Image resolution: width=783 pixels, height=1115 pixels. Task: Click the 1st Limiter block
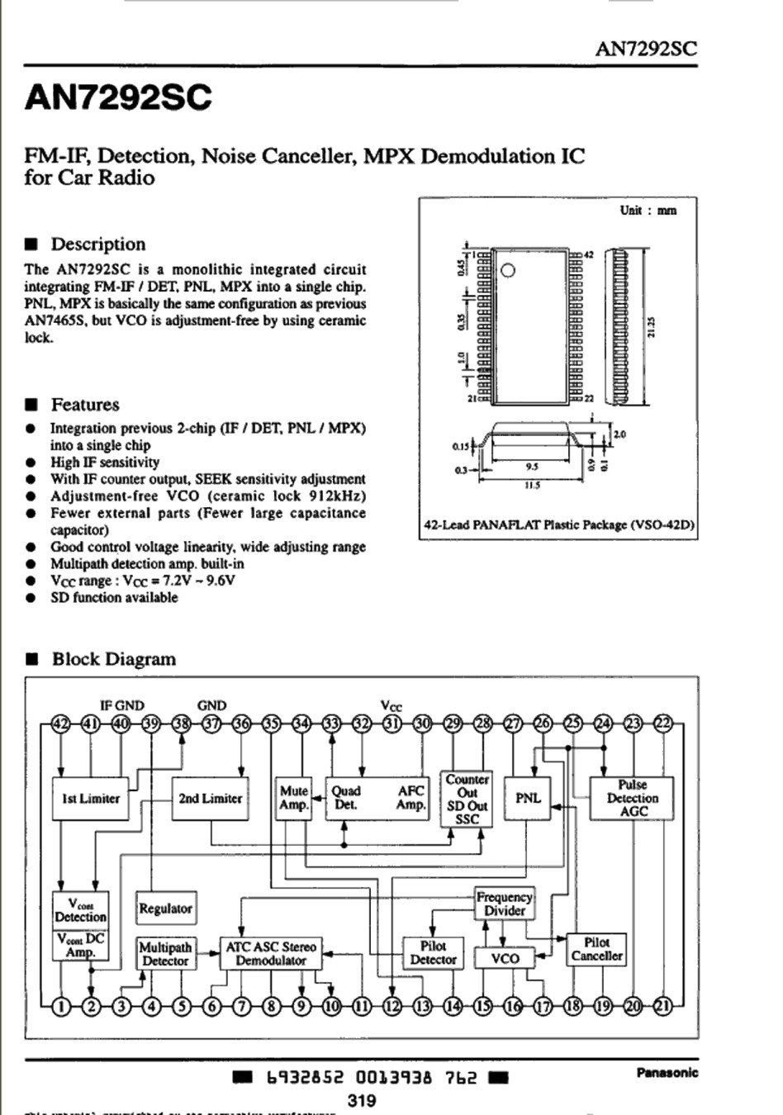pos(91,799)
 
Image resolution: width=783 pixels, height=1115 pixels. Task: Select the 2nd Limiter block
pos(211,799)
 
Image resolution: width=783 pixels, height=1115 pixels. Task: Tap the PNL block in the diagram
pos(528,799)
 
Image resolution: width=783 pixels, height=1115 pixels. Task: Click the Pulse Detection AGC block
pos(632,799)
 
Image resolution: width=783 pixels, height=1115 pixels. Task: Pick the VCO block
pos(505,958)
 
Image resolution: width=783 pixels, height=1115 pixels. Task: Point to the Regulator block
pos(165,909)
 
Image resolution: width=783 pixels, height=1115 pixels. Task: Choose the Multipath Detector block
pos(165,954)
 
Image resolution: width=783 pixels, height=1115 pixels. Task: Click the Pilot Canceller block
pos(596,949)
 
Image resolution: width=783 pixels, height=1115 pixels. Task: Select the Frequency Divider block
pos(505,904)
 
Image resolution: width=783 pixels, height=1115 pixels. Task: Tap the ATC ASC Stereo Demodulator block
pos(270,954)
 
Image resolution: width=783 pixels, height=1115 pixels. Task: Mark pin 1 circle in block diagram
pos(61,1006)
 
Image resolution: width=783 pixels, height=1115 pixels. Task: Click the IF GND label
pos(121,705)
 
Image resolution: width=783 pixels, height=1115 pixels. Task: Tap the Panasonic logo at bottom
pos(667,1073)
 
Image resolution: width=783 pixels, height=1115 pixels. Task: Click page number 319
pos(362,1100)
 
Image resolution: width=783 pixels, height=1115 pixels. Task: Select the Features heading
pos(85,405)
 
